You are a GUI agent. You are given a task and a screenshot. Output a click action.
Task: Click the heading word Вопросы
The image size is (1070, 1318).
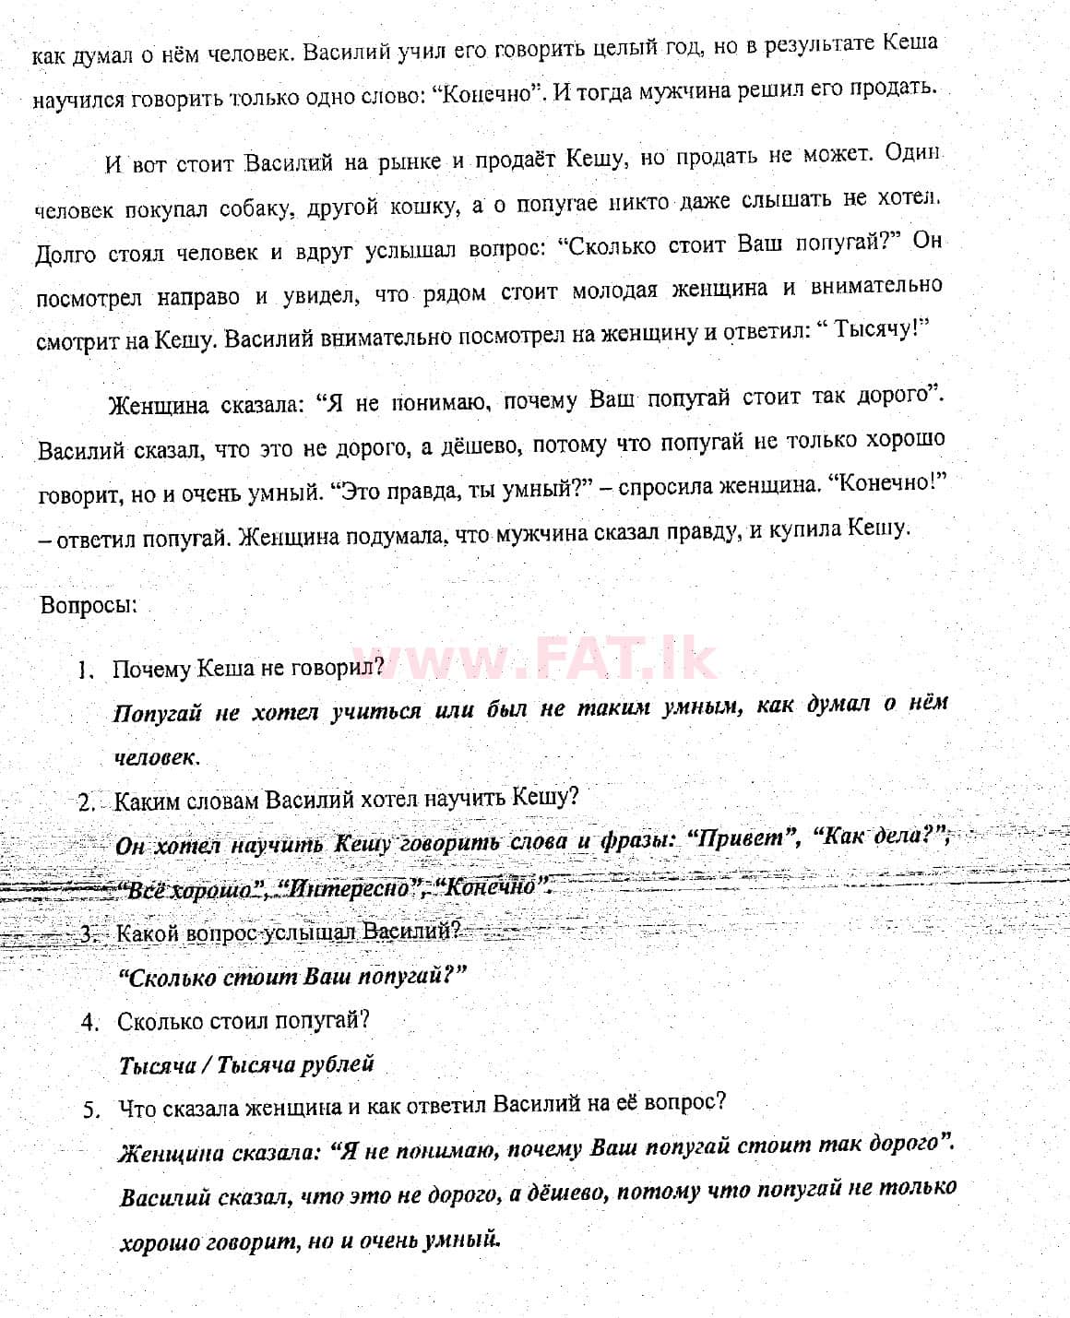[88, 606]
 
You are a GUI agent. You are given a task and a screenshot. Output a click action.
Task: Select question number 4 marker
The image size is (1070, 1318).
[89, 1022]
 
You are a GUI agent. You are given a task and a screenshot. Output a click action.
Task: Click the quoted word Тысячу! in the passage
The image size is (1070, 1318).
[878, 330]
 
